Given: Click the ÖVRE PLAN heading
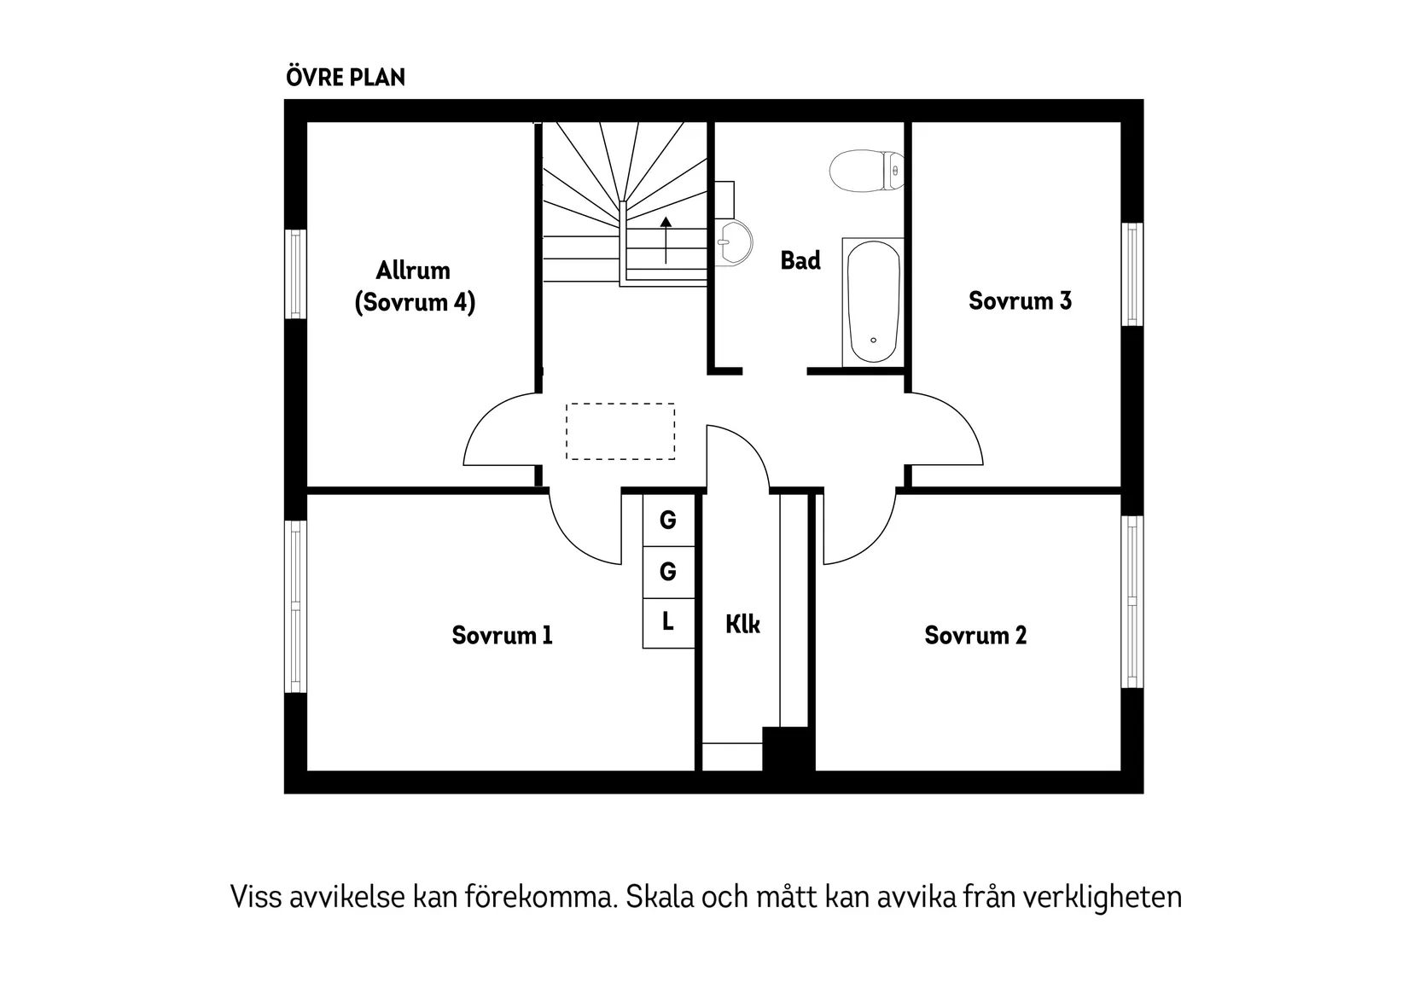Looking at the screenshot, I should point(346,78).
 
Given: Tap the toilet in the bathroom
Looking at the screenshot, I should point(864,171).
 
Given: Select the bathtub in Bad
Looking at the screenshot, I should point(873,302).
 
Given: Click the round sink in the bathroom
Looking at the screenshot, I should point(732,242).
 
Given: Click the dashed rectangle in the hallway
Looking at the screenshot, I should point(620,432).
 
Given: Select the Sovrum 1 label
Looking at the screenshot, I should point(502,636).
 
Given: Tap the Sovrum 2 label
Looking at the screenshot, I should point(975,636).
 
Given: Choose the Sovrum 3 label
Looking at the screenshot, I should point(1020,301).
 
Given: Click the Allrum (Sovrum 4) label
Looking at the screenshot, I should point(414,287).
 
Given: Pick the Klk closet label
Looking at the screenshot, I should point(742,625).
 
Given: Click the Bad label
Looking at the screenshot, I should point(800,261).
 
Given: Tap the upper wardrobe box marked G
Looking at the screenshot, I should point(668,520).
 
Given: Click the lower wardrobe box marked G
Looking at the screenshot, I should point(668,572).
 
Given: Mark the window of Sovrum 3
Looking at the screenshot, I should point(1132,274).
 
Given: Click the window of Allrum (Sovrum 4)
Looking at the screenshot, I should point(295,274).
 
